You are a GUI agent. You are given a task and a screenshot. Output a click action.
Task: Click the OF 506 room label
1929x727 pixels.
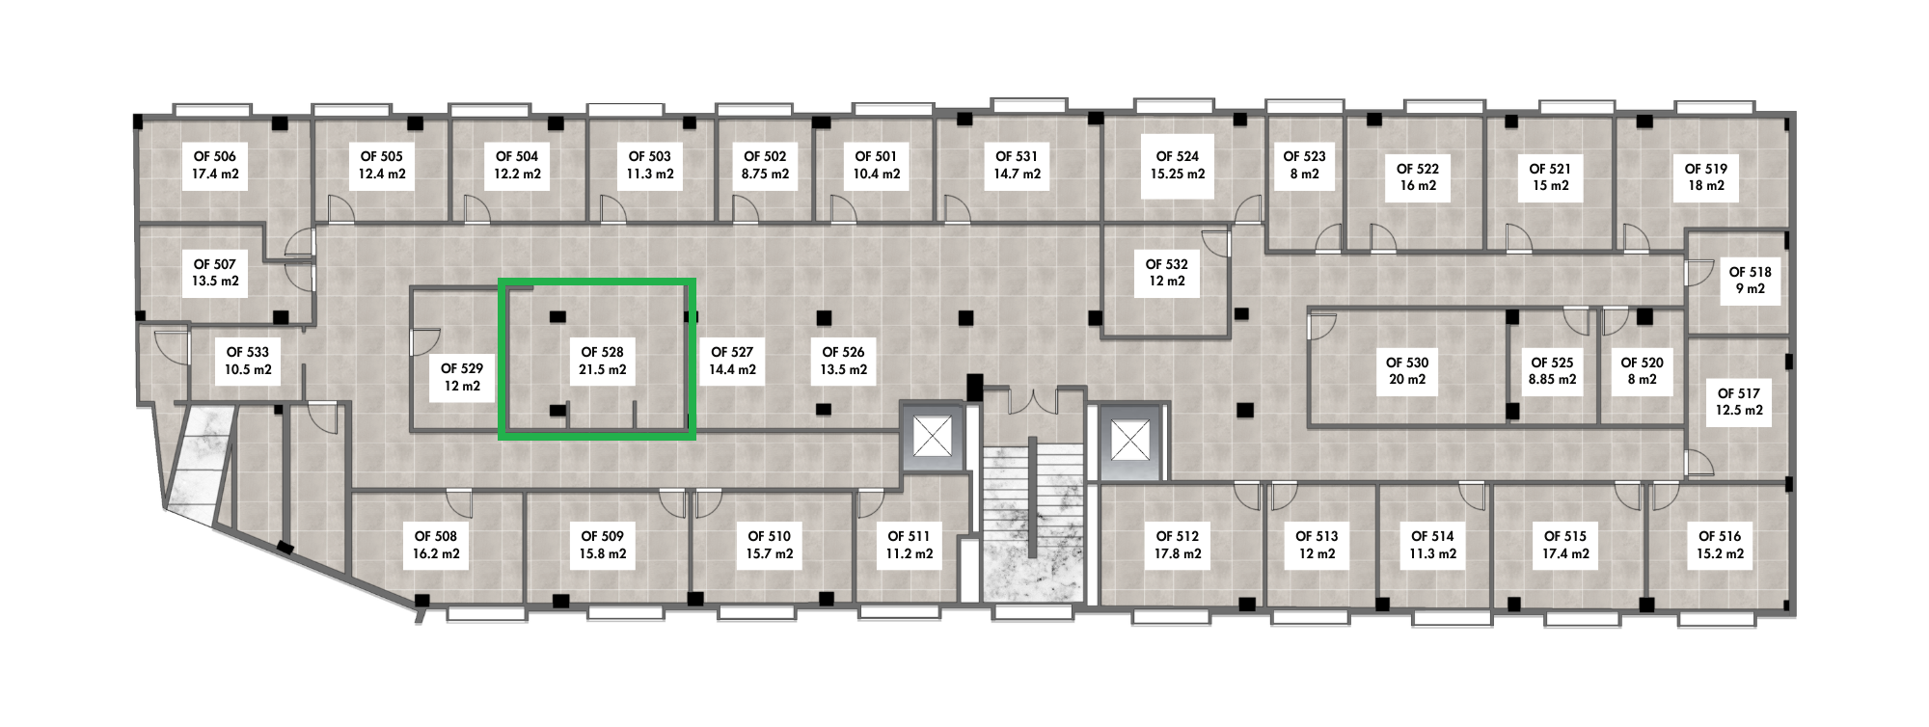[215, 156]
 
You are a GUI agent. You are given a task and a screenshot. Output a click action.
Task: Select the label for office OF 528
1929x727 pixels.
[603, 353]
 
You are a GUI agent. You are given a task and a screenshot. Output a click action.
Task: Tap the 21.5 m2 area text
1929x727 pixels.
[603, 370]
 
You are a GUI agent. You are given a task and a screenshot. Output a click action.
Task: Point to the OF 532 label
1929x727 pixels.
[1167, 264]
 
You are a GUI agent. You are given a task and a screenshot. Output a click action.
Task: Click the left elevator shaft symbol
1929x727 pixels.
[934, 439]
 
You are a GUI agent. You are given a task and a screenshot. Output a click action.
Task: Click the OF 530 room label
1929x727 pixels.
[1407, 363]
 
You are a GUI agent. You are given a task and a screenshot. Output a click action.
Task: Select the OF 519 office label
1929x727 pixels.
[1706, 169]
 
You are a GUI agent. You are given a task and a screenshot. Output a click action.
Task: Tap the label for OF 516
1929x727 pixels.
[1720, 536]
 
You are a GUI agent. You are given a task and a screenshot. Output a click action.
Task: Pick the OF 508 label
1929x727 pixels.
[436, 536]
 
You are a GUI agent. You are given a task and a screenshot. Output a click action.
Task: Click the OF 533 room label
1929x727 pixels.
[248, 353]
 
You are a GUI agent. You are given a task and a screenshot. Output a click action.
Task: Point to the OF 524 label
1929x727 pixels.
[1178, 156]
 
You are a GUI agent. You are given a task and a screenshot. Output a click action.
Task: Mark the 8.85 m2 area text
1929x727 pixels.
[1553, 380]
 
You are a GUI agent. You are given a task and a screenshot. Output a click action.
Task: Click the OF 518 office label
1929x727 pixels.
[1751, 272]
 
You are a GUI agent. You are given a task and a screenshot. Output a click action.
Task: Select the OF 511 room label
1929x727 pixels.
[909, 536]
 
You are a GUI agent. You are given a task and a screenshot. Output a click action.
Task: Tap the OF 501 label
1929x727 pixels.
[877, 156]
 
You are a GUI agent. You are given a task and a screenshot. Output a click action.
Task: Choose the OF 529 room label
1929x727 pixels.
[462, 368]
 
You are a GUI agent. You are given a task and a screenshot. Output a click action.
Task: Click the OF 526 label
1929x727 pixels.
[844, 353]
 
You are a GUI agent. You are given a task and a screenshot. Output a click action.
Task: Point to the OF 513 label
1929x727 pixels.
[1318, 536]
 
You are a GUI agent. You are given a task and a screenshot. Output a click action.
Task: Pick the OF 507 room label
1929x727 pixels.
[215, 264]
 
